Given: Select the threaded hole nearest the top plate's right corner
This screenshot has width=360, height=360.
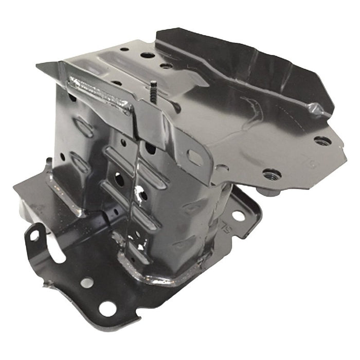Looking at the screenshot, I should click(322, 140).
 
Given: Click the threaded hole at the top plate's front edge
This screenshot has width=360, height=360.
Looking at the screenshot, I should click(272, 174).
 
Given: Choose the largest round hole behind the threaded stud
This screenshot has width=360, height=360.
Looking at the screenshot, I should click(147, 55).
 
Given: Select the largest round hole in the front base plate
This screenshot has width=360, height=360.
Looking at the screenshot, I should click(107, 309).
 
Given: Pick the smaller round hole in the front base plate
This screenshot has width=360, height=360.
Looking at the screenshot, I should click(87, 282).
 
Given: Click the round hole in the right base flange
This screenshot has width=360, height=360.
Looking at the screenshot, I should click(238, 215).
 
